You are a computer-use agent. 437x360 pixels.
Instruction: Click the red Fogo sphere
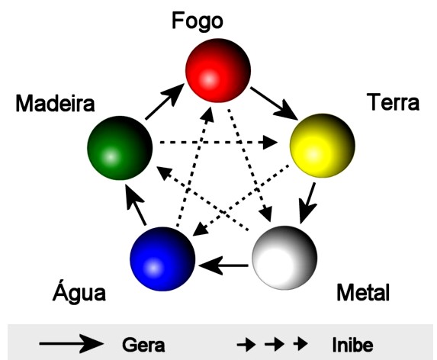pos(218,70)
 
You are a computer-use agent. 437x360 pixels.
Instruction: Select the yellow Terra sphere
pos(323,146)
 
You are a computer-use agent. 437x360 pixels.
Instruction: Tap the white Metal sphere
pos(284,258)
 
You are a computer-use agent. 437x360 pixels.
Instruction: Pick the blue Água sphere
pos(162,259)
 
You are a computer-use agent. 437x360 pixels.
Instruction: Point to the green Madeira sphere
pos(120,148)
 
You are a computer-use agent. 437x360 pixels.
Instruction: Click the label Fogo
pos(198,21)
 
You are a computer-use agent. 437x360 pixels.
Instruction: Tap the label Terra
pos(394,102)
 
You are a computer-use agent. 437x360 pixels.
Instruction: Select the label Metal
pos(363,292)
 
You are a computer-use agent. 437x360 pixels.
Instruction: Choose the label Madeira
pos(55,104)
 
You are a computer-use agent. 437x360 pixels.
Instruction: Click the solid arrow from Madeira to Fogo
pos(165,101)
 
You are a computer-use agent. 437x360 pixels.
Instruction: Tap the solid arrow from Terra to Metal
pos(307,203)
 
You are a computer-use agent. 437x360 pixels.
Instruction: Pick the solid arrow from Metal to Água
pos(223,265)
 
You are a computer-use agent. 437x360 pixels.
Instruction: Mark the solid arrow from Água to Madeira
pos(135,205)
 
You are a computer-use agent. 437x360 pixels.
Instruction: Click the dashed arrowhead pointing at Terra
pos(268,143)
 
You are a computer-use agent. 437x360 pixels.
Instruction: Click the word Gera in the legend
pos(143,345)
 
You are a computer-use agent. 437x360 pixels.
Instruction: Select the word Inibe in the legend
pos(352,345)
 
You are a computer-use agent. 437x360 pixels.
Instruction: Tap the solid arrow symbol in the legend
pos(72,344)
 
